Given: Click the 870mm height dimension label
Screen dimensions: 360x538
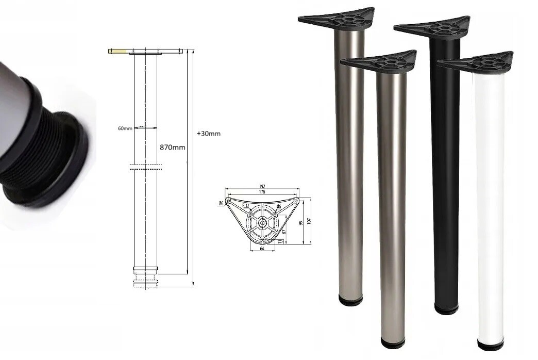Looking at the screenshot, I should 172,147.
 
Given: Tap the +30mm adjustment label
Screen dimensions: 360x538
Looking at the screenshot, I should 209,134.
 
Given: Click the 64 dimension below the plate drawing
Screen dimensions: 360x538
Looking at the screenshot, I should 262,249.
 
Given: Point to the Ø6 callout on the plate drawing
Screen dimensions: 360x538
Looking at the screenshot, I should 222,204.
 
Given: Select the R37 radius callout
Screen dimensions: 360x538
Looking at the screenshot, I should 246,206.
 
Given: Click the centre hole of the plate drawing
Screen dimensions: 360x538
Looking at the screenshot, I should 263,223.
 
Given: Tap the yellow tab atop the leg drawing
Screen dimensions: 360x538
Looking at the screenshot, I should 117,51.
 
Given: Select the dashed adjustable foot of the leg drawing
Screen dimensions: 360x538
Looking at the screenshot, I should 145,283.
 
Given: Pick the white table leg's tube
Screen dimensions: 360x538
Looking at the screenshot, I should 490,206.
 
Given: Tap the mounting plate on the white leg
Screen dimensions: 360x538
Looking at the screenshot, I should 477,63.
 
